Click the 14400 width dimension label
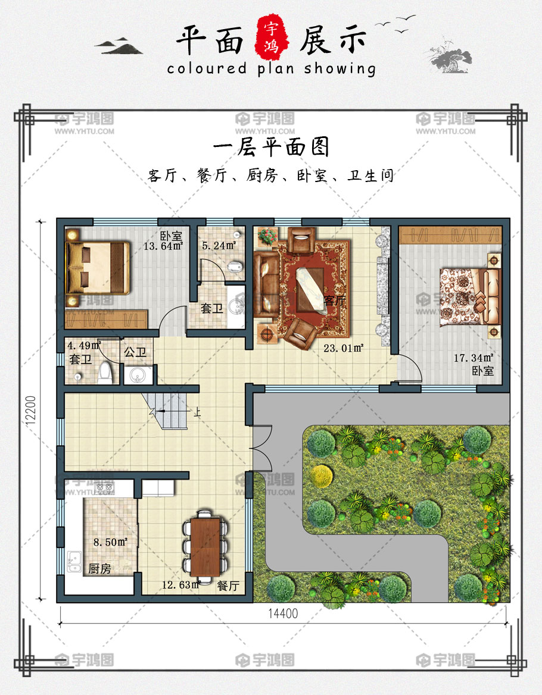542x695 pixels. click(283, 613)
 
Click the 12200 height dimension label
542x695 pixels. click(30, 411)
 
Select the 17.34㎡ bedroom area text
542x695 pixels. click(474, 358)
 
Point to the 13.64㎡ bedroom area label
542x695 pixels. click(163, 246)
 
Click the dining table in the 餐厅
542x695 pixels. click(205, 546)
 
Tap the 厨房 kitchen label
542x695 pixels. click(100, 569)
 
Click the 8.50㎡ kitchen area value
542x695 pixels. click(110, 542)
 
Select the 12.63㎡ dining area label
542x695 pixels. click(181, 585)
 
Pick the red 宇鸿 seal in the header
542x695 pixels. click(272, 37)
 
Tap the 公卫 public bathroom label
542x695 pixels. click(135, 352)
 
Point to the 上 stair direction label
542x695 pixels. click(197, 413)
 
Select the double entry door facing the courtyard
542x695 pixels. click(261, 448)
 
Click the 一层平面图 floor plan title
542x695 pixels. click(271, 147)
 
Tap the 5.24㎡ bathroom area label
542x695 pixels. click(219, 245)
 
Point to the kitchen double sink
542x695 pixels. click(74, 562)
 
